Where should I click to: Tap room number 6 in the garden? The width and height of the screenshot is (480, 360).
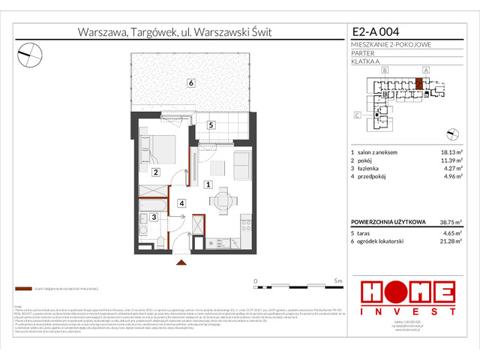tap(192, 82)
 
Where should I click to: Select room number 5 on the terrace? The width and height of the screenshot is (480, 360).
tap(211, 125)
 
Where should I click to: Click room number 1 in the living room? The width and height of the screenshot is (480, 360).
tap(208, 184)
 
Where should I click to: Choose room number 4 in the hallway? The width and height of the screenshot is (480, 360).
tap(181, 202)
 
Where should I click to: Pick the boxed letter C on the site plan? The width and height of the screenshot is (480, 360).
tap(357, 115)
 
